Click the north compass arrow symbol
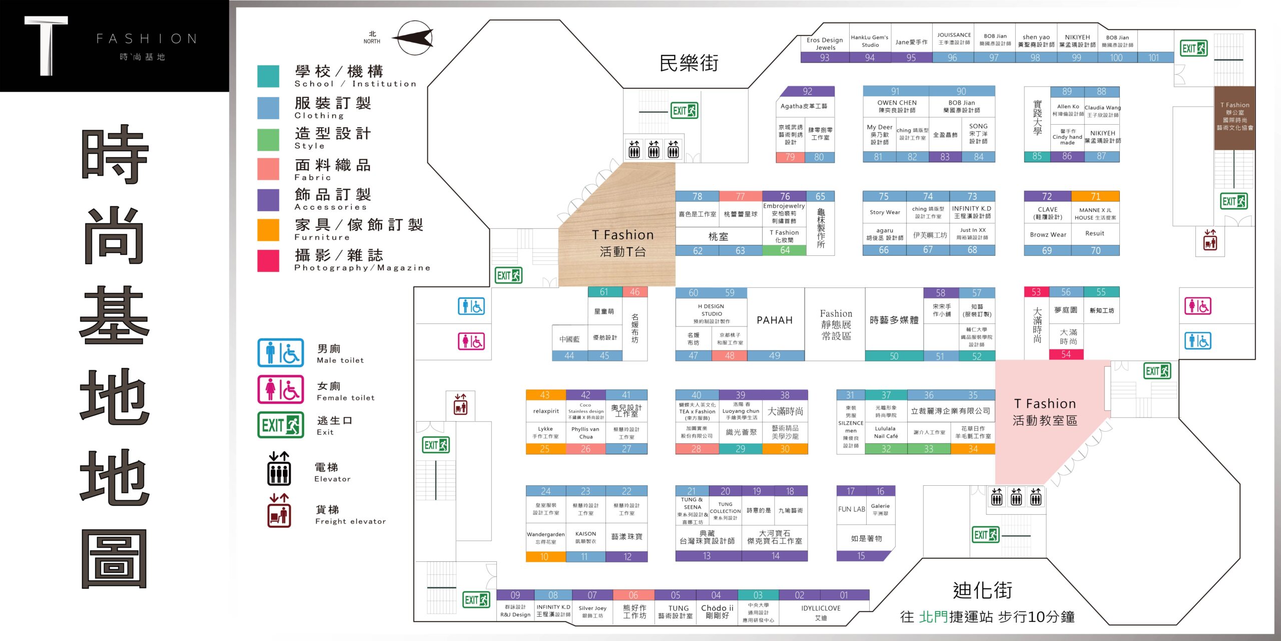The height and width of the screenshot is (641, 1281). (x=414, y=38)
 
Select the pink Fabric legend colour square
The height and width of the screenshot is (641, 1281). (x=268, y=169)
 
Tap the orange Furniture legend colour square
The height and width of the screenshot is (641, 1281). (x=268, y=230)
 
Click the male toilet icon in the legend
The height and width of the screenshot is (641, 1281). (x=280, y=353)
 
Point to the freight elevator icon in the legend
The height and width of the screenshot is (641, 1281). (x=279, y=511)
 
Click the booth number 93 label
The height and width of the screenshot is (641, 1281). (x=825, y=58)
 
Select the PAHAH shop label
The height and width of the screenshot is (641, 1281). (x=775, y=320)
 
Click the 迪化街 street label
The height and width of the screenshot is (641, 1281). (x=983, y=590)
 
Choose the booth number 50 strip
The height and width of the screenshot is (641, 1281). (x=894, y=356)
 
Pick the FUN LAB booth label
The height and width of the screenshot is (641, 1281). (x=852, y=509)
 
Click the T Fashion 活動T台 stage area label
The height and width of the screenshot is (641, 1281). (x=622, y=243)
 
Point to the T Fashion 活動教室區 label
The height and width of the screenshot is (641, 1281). (x=1045, y=412)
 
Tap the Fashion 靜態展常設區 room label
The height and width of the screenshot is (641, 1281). (x=836, y=325)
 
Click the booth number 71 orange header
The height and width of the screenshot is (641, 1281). (x=1095, y=196)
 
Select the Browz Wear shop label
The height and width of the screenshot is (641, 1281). (x=1048, y=234)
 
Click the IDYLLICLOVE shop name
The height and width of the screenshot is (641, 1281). (x=821, y=608)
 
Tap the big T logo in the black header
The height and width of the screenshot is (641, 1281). (x=46, y=46)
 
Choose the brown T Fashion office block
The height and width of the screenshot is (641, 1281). (x=1234, y=118)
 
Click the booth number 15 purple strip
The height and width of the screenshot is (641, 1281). (x=861, y=556)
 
